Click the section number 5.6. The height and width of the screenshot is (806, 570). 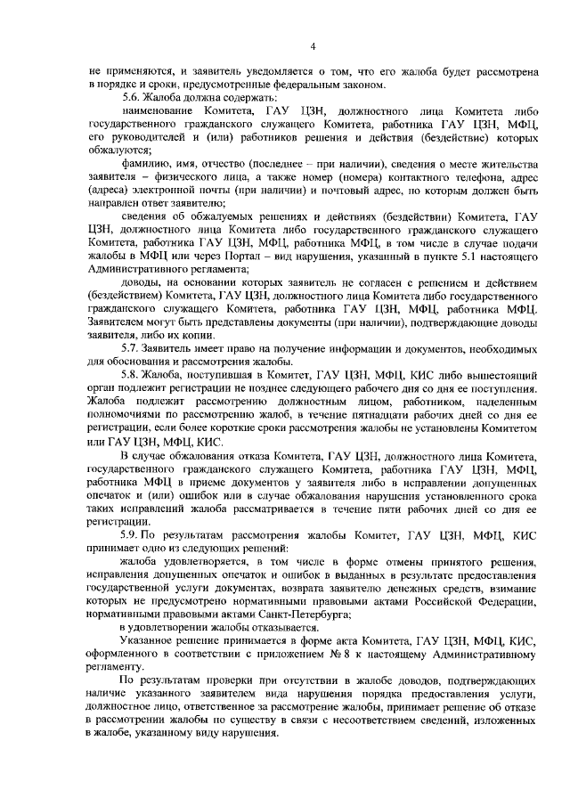(134, 97)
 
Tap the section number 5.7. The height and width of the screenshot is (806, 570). (134, 347)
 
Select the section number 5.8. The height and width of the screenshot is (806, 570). (134, 378)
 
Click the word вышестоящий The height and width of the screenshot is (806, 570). (497, 378)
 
